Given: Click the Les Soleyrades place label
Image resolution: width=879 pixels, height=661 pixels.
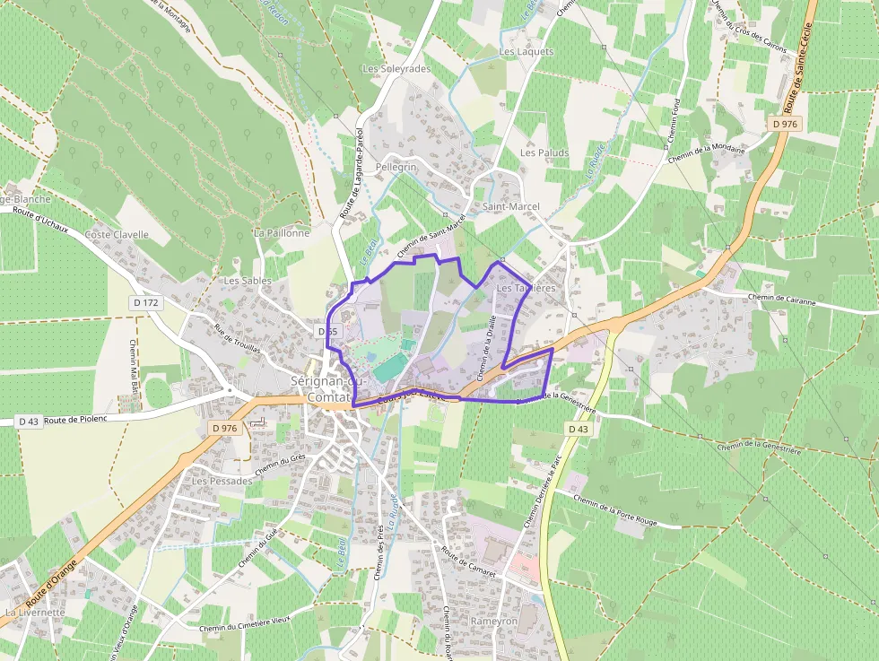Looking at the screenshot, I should click(x=396, y=69).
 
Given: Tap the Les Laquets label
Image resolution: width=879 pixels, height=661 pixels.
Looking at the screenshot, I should click(x=527, y=52).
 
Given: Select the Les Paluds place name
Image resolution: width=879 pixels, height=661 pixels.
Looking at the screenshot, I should click(x=544, y=153).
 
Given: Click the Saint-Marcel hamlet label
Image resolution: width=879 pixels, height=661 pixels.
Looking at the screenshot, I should click(x=511, y=207).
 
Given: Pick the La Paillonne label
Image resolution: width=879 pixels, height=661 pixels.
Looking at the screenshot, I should click(x=282, y=233).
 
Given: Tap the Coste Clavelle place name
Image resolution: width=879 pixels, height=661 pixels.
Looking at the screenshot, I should click(x=117, y=235).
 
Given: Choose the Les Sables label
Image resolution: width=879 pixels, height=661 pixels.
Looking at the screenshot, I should click(x=248, y=281).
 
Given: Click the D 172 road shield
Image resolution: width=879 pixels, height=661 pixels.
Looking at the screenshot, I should click(x=145, y=303).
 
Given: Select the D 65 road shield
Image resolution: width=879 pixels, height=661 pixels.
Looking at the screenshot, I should click(x=327, y=332).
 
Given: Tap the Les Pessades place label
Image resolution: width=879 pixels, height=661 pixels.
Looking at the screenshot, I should click(x=222, y=482).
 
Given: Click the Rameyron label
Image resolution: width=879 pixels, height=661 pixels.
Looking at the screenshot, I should click(x=494, y=622).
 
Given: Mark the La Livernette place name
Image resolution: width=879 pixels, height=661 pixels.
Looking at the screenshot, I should click(x=35, y=613).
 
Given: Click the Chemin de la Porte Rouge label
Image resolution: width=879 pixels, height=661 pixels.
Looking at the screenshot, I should click(x=615, y=511).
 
